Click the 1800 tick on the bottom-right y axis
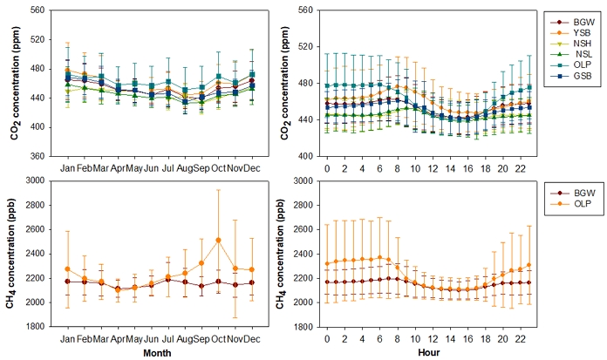(x=299, y=326)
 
